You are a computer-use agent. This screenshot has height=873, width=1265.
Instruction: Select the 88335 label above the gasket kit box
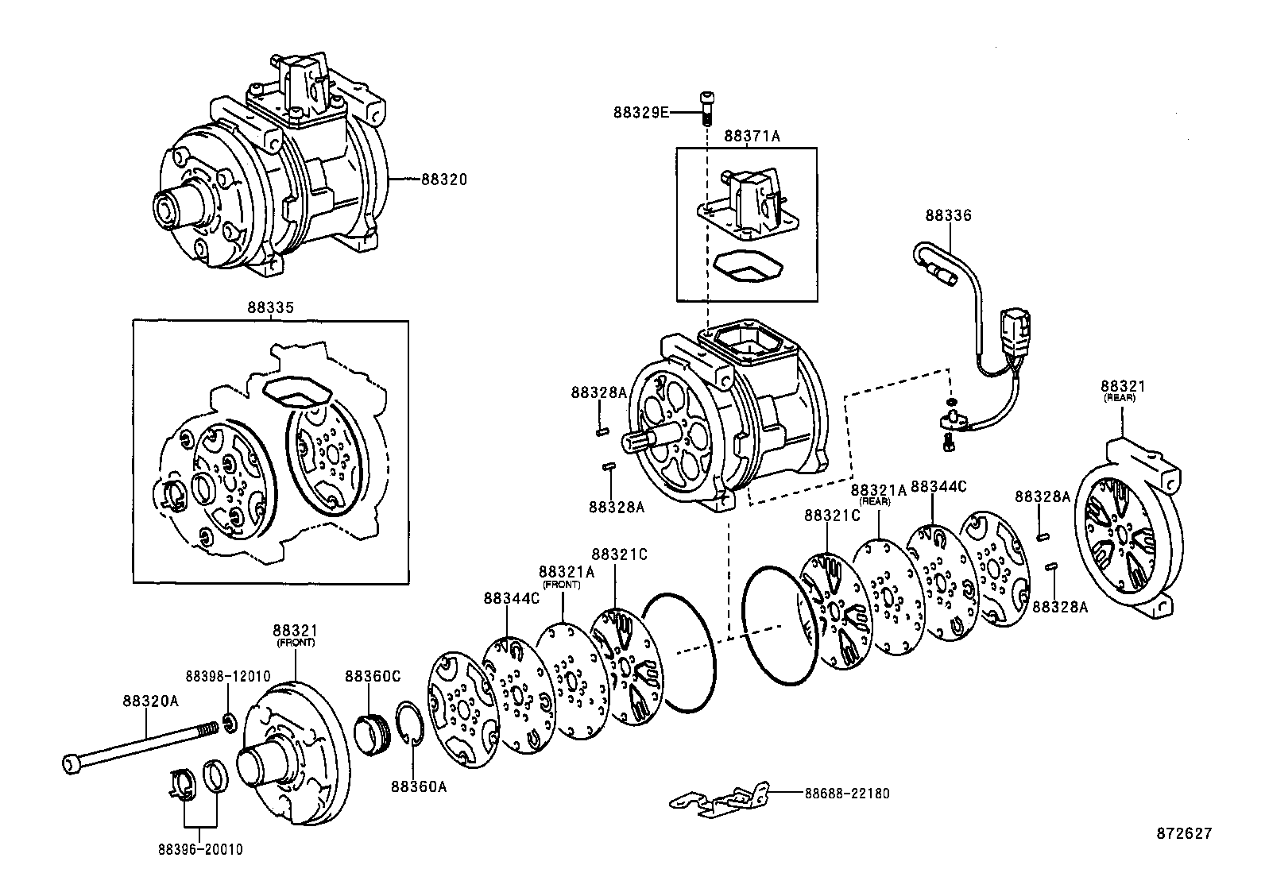(270, 307)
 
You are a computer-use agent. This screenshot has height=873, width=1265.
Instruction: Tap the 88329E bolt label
(640, 113)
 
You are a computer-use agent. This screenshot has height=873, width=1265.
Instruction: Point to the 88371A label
(752, 137)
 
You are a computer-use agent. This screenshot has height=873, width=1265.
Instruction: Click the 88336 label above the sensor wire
(948, 215)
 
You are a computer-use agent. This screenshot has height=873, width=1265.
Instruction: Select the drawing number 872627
(1184, 833)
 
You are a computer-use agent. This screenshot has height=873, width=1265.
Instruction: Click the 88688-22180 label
(847, 794)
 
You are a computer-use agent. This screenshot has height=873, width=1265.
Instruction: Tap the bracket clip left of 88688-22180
(719, 799)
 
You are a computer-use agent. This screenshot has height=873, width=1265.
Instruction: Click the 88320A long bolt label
(150, 701)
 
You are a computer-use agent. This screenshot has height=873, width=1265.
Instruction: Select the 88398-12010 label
(228, 676)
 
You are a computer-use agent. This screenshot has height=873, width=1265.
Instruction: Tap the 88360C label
(372, 676)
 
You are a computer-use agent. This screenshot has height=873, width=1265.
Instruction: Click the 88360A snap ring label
(418, 786)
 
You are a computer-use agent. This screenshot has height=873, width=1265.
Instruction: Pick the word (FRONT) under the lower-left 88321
(295, 643)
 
